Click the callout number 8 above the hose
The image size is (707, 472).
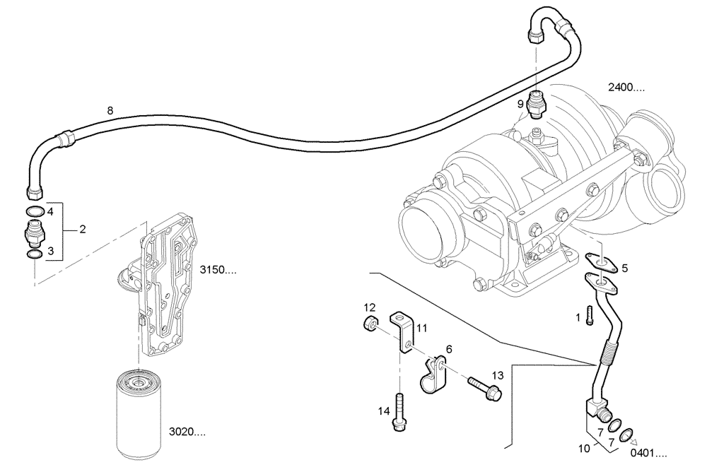click(x=110, y=110)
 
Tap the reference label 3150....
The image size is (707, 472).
click(x=218, y=270)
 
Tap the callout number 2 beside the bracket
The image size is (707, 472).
click(x=83, y=230)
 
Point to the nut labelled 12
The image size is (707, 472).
click(x=369, y=324)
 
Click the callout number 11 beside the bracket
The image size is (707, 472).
click(x=422, y=328)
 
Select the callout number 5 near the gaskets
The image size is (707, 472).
click(x=624, y=268)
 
